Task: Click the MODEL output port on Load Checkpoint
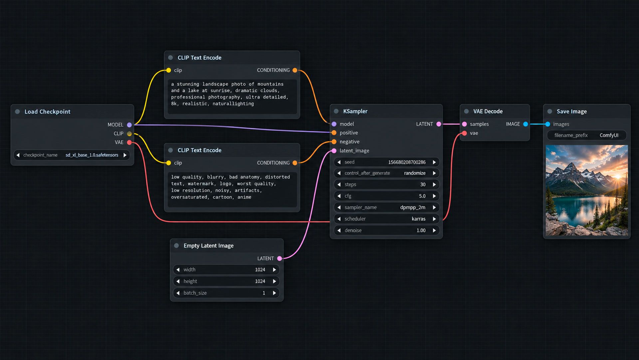pos(129,125)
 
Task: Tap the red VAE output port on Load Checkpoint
pos(129,143)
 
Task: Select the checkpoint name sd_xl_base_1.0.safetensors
pos(92,155)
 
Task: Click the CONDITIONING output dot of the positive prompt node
pos(295,70)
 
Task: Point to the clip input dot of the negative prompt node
pos(169,163)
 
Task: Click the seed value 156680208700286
pos(407,162)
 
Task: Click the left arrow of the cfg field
pos(339,196)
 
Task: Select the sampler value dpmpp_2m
pos(413,207)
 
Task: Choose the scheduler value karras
pos(418,219)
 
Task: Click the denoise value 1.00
pos(421,230)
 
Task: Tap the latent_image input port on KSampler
pos(334,151)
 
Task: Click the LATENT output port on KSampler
pos(439,124)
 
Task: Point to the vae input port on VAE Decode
pos(465,133)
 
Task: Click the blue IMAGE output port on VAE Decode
pos(526,124)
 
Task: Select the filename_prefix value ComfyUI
pos(609,135)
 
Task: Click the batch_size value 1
pos(264,293)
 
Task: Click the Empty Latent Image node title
pos(209,246)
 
